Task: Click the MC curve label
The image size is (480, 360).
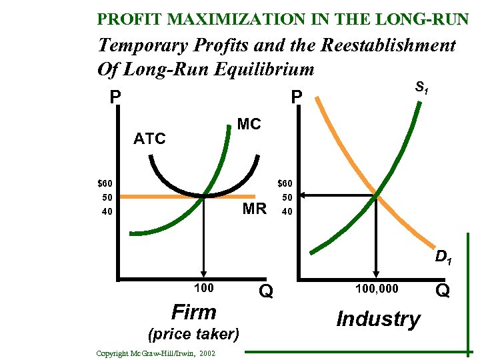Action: point(249,125)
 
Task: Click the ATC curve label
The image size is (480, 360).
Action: point(149,139)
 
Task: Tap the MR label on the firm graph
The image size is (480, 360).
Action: point(254,208)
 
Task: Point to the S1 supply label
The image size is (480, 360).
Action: point(422,87)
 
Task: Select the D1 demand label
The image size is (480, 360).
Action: point(444,257)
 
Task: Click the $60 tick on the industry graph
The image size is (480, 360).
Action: point(286,183)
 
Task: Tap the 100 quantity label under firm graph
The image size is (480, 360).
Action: point(204,288)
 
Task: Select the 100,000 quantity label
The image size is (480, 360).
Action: point(377,288)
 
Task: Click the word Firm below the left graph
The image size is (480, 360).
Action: point(194,312)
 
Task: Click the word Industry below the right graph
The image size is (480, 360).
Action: point(378,319)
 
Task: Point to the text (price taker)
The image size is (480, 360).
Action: point(194,333)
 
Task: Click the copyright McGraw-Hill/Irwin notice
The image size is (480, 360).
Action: point(155,353)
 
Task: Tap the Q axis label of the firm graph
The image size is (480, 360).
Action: point(265,291)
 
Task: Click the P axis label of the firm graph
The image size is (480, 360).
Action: point(115,98)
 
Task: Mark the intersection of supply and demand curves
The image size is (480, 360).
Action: point(377,196)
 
